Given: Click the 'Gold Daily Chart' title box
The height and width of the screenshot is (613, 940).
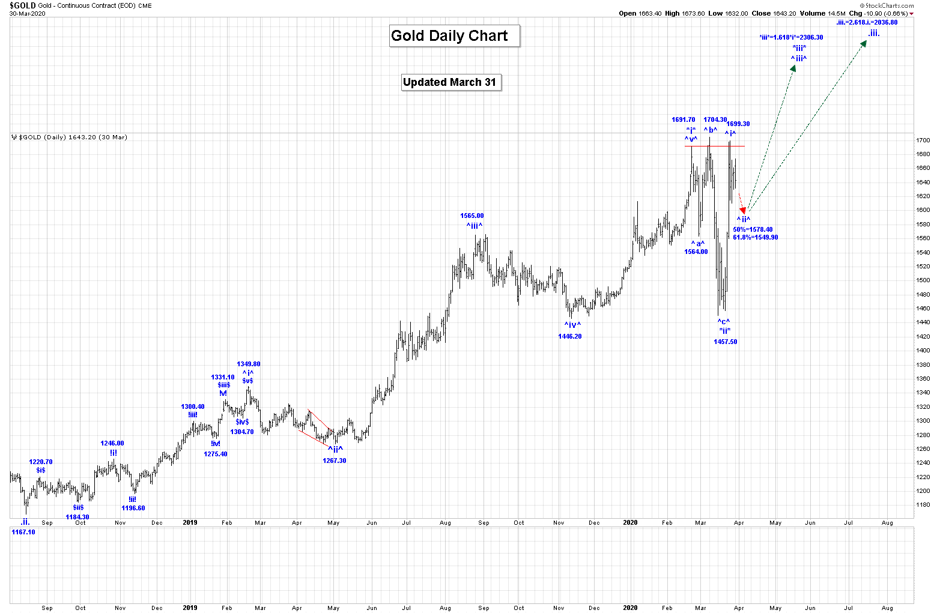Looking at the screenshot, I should pos(454,36).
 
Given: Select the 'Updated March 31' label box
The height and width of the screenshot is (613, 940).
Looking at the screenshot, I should pos(450,82).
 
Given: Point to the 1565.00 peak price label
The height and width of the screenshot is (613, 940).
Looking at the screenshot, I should pos(472,216).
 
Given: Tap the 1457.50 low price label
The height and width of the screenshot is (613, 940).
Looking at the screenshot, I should pos(725,342).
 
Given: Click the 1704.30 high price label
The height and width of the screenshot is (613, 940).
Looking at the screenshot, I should pos(715,120).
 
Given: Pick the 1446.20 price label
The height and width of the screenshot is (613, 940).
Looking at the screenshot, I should pos(569,337).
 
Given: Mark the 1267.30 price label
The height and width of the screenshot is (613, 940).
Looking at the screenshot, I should pos(334,461).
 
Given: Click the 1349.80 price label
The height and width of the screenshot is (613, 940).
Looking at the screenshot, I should pos(249,364).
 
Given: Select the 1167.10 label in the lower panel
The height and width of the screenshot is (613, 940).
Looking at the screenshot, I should pos(23,533).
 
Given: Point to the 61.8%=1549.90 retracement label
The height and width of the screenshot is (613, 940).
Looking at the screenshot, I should pos(755,238).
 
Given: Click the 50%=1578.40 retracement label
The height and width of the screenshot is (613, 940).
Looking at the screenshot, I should pos(753,230).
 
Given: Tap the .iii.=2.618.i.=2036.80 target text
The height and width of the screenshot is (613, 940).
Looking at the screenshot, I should pos(867,23).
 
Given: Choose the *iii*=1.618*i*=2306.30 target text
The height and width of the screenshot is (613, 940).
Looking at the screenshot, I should pos(791,38).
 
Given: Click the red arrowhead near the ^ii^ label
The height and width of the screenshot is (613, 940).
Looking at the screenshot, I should pos(743,210).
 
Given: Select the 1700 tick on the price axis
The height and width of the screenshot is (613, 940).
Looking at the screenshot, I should pos(923,140).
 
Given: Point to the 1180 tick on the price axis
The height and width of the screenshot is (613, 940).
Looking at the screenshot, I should pos(923,505).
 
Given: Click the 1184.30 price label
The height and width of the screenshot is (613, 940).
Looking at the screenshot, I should pos(77,518).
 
